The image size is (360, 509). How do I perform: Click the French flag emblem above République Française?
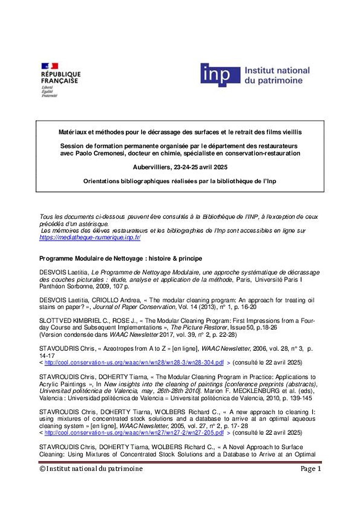click(49, 66)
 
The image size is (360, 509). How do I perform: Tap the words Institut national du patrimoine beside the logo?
click(277, 75)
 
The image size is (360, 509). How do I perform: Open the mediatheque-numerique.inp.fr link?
click(89, 238)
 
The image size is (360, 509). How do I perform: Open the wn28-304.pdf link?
click(134, 363)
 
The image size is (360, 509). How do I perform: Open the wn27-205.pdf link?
click(134, 433)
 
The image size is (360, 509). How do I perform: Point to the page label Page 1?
click(311, 469)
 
